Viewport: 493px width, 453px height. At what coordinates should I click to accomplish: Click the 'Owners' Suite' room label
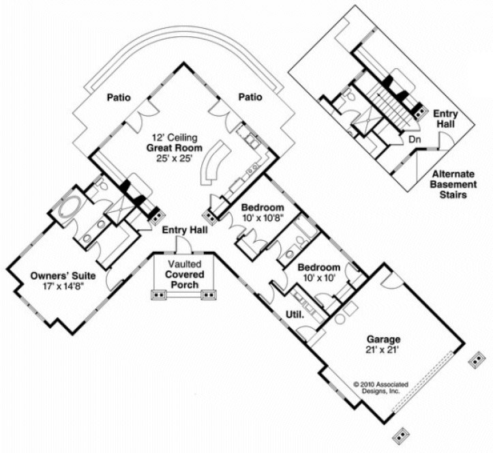tap(62, 276)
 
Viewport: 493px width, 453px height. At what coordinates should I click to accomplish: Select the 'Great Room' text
tap(168, 147)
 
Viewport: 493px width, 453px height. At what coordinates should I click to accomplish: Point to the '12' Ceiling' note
tap(168, 136)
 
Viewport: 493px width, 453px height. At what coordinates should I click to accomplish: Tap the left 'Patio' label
tap(119, 98)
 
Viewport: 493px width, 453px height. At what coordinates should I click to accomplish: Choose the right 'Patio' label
tap(250, 98)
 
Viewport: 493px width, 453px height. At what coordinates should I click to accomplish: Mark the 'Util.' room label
tap(294, 315)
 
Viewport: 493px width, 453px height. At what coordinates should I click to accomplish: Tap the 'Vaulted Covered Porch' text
tap(185, 274)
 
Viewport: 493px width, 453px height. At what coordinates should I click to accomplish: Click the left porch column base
tap(159, 295)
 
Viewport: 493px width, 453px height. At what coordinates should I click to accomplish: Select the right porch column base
tap(210, 295)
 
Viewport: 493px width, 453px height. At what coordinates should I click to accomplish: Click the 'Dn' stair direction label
tap(415, 138)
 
